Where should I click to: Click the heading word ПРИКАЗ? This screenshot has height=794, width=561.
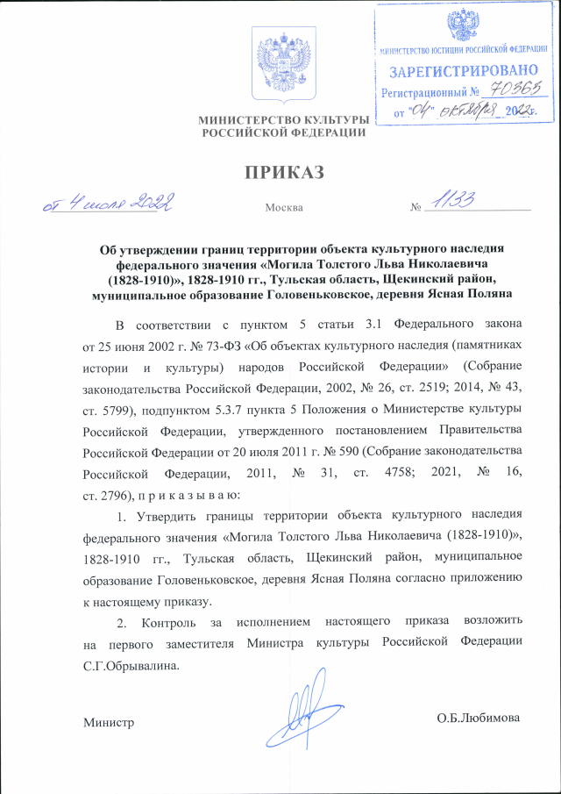pyautogui.click(x=280, y=171)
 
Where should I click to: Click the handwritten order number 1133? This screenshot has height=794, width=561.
pyautogui.click(x=452, y=201)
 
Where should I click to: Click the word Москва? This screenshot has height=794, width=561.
pyautogui.click(x=283, y=208)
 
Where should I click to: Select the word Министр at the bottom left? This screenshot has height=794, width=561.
pyautogui.click(x=108, y=721)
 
